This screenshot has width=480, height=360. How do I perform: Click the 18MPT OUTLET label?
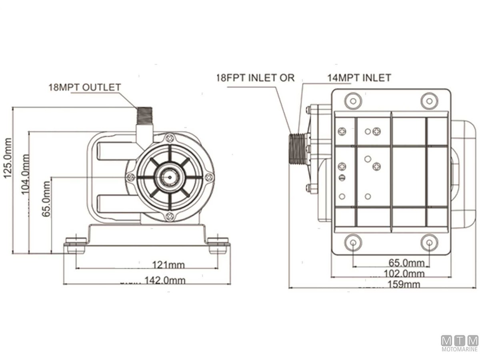[84, 87]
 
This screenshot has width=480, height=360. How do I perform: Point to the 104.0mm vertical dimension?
[25, 174]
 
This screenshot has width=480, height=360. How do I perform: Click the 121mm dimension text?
[168, 264]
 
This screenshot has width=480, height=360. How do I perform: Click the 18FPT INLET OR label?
[255, 78]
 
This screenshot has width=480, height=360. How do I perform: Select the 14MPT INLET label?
[359, 78]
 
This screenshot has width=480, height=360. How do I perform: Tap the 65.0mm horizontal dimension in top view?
[406, 263]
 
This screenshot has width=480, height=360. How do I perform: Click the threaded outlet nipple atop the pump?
[144, 115]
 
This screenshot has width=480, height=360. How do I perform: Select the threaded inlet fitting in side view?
[297, 148]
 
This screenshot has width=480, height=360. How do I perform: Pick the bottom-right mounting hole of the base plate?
[429, 242]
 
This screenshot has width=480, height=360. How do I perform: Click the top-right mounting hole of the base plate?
[429, 100]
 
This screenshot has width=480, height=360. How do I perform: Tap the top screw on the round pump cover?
[170, 139]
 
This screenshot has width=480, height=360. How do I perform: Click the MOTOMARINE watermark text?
[460, 349]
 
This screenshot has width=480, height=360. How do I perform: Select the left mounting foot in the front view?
[76, 245]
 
